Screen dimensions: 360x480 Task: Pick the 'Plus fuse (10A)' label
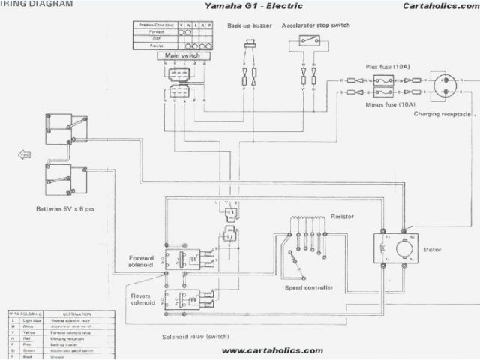tap(387, 66)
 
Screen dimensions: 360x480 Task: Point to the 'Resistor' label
tap(341, 216)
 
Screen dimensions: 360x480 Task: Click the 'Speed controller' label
tap(310, 287)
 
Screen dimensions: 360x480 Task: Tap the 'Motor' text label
tap(433, 249)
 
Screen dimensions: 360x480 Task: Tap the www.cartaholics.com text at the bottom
tap(272, 350)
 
